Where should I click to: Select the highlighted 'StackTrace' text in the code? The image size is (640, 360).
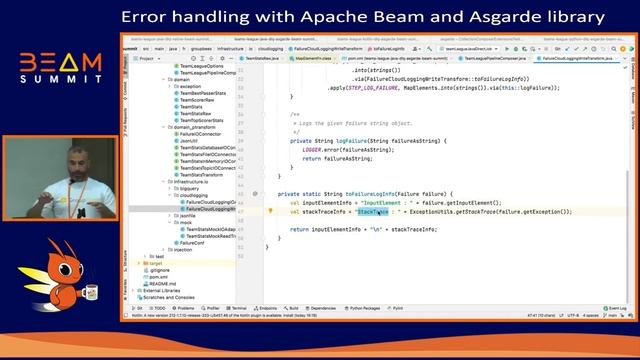372,212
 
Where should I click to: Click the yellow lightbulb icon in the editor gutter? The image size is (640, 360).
271,212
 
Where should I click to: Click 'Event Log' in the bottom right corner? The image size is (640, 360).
611,308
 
